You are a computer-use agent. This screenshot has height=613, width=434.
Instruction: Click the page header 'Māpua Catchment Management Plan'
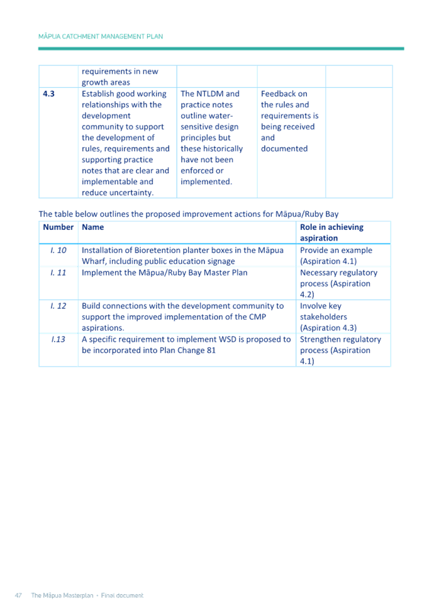click(101, 36)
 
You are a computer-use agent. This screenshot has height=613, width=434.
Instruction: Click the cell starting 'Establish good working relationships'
click(126, 143)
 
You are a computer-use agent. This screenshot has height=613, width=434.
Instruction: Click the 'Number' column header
click(58, 227)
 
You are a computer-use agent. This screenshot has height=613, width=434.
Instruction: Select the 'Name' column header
click(93, 227)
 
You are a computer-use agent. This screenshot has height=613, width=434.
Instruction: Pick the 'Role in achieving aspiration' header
click(332, 232)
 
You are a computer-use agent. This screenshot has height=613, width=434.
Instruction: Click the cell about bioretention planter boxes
click(182, 255)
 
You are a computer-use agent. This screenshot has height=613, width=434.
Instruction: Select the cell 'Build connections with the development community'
click(182, 317)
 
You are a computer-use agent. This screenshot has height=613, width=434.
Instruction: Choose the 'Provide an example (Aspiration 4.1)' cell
click(337, 255)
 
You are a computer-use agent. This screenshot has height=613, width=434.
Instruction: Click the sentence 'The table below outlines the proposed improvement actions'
click(189, 214)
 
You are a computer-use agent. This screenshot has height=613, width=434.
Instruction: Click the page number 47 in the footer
click(19, 595)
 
